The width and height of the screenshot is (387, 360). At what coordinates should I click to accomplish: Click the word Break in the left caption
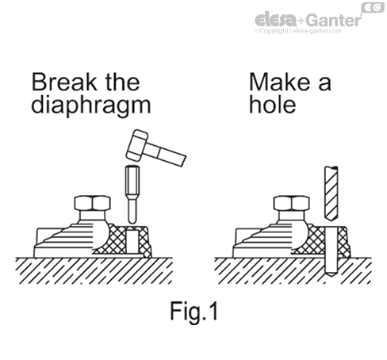[x=64, y=82]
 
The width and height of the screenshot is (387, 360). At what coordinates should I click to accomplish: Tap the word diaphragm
[x=91, y=105]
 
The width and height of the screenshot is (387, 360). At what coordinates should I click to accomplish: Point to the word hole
[x=273, y=104]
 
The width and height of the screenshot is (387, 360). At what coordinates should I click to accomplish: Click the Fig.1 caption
[x=194, y=311]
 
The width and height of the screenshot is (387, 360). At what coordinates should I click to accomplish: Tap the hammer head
[x=137, y=145]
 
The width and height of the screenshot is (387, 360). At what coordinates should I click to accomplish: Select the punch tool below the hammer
[x=132, y=194]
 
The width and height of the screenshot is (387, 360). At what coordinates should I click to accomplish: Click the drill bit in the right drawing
[x=331, y=193]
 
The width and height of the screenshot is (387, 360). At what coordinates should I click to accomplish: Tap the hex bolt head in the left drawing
[x=93, y=203]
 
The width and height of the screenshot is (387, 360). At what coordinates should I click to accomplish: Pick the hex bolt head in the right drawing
[x=292, y=203]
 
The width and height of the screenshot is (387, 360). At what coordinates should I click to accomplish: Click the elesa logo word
[x=276, y=20]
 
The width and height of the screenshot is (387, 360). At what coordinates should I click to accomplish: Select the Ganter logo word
[x=334, y=20]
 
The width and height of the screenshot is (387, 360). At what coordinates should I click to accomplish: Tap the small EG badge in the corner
[x=373, y=7]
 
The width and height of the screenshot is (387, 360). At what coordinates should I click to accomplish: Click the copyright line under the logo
[x=298, y=31]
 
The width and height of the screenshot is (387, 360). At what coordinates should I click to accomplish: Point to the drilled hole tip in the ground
[x=331, y=274]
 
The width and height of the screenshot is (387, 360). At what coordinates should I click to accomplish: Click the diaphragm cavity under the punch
[x=132, y=241]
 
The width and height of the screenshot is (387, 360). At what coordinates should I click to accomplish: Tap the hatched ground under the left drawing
[x=94, y=270]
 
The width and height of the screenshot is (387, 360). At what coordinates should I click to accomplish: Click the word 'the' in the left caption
[x=123, y=82]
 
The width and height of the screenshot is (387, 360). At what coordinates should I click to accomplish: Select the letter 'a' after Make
[x=324, y=84]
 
